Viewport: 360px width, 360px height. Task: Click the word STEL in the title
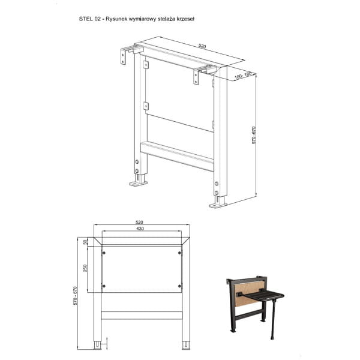coord(86,19)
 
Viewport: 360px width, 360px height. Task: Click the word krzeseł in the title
coord(185,19)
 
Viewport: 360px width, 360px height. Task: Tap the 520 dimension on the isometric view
coord(202,46)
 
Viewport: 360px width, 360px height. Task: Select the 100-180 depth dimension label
coord(243,76)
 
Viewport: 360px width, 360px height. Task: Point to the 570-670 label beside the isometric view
coord(254,135)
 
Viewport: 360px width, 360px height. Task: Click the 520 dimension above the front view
coord(139,222)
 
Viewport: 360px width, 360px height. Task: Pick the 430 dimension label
coord(140,229)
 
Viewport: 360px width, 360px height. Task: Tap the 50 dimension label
coord(85,242)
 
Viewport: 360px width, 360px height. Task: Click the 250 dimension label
coord(85,268)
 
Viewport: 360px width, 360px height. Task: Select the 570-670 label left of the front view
coord(76,296)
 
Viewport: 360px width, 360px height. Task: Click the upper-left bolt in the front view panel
coord(104,253)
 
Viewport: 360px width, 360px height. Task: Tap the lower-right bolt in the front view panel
coord(180,286)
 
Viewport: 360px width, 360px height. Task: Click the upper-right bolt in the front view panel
coord(180,253)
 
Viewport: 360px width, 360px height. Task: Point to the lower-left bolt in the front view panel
coord(104,286)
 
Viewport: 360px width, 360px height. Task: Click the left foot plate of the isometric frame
coord(138,184)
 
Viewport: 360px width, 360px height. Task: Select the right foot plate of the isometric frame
coord(218,205)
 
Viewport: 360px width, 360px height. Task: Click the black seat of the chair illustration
coord(266,296)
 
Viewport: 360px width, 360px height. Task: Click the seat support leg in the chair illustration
coord(273,320)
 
